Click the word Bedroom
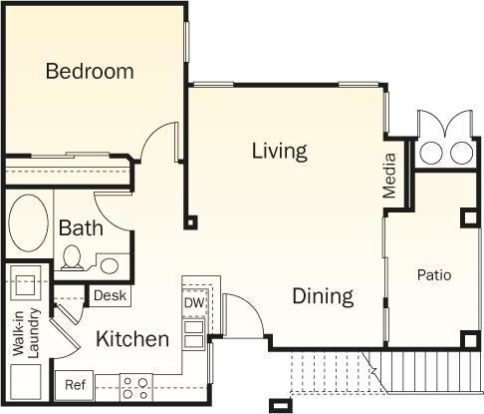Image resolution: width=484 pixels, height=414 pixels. click(90, 71)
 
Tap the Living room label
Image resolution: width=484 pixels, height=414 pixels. click(279, 152)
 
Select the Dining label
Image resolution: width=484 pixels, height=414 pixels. click(323, 296)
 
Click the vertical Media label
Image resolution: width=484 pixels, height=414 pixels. click(389, 176)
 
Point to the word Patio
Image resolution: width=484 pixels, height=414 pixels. click(434, 274)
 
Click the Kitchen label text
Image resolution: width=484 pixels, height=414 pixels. click(132, 339)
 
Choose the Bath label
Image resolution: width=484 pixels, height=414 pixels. click(81, 227)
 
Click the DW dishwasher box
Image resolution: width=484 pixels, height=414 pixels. click(193, 302)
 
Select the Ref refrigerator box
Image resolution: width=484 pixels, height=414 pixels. click(75, 384)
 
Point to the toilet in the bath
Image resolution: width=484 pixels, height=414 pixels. click(72, 258)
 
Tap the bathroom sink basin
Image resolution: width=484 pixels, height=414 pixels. click(110, 265)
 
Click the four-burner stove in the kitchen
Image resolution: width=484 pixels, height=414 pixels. click(134, 386)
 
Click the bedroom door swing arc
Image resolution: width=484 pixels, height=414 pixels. click(159, 145)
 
